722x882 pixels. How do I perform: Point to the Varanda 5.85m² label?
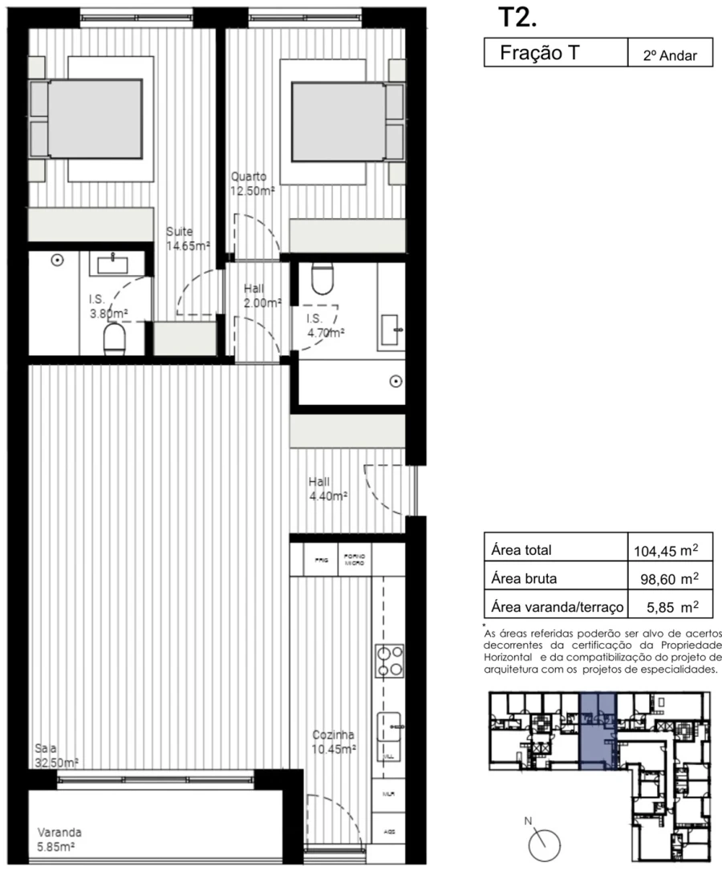(x=59, y=839)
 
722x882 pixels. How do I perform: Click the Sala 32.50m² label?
(x=56, y=755)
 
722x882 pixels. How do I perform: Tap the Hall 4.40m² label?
(x=327, y=489)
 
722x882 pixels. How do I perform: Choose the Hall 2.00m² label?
(x=262, y=296)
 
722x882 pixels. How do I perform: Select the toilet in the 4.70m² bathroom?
(x=322, y=277)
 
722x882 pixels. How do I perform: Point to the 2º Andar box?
(x=669, y=56)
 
